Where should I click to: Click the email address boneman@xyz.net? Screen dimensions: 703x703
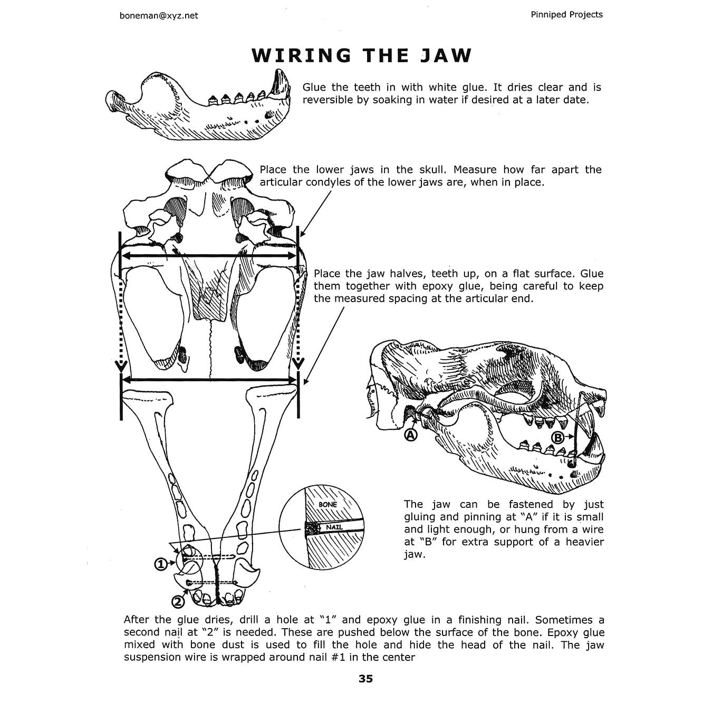pos(159,15)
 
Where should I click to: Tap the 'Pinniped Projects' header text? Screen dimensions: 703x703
pos(566,14)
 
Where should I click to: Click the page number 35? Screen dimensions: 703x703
pos(365,679)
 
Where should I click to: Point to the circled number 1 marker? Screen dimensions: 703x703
pos(160,564)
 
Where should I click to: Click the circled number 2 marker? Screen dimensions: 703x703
pos(178,601)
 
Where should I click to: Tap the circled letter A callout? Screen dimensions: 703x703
pos(410,435)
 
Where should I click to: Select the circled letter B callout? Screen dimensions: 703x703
pos(558,437)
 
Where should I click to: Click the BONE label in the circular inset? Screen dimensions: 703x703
pos(328,505)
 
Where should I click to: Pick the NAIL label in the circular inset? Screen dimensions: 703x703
pos(334,527)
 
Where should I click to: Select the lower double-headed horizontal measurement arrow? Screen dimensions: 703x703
pos(209,379)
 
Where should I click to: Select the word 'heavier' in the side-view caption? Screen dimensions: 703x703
pos(585,542)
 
